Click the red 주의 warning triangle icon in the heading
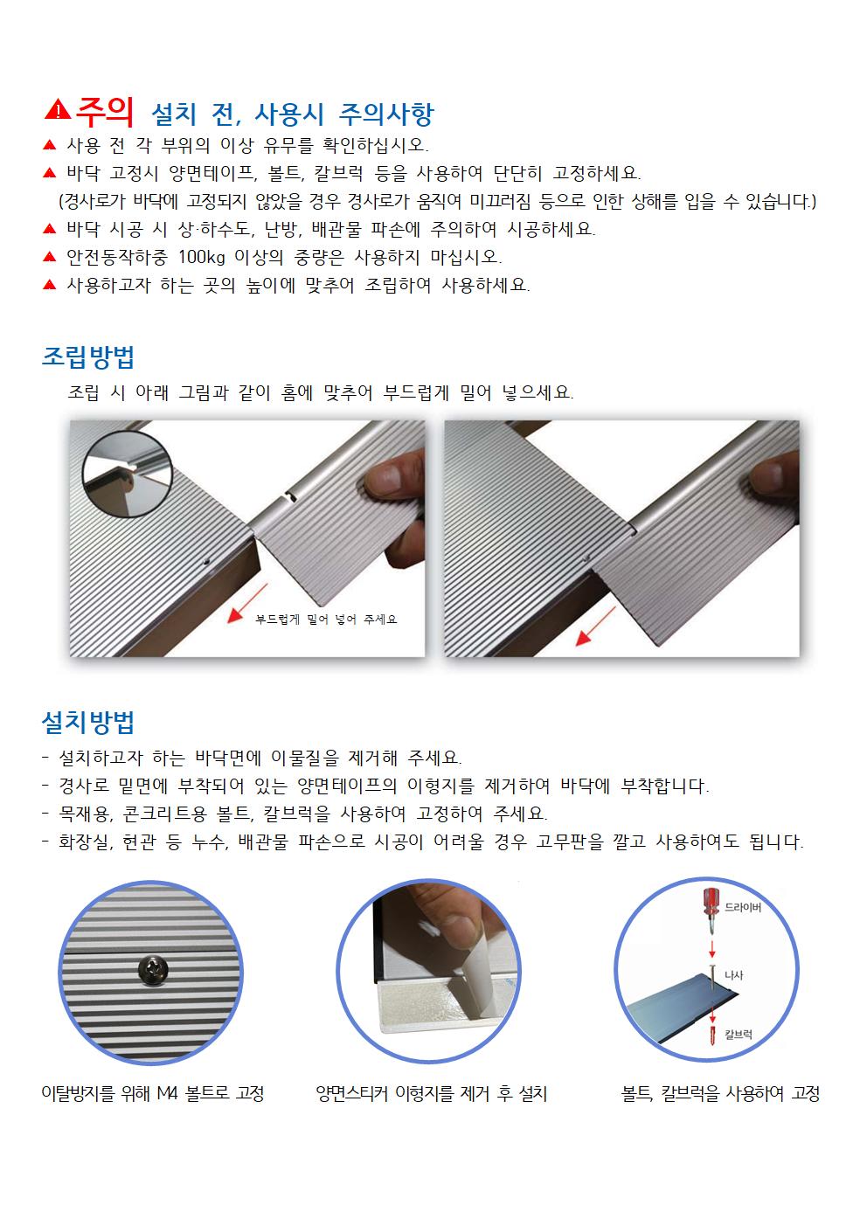[x=59, y=110]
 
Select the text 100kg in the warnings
[x=203, y=257]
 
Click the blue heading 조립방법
[x=88, y=357]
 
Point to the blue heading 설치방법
[x=88, y=722]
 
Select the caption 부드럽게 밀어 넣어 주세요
[x=326, y=619]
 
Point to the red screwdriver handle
[x=711, y=901]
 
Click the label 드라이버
[x=743, y=908]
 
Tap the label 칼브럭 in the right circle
[x=739, y=1035]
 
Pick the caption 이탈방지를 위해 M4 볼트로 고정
[x=153, y=1093]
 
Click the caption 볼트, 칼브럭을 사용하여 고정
[x=720, y=1093]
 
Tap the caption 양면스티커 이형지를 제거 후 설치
[x=431, y=1093]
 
